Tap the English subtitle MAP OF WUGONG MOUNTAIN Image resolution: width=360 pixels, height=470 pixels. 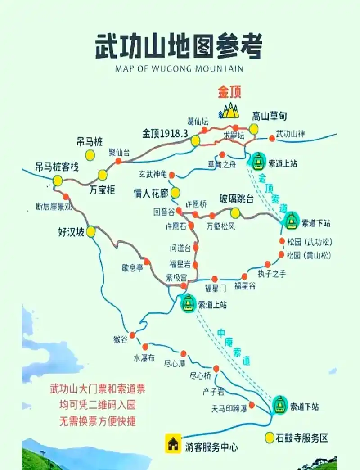[x=179, y=69]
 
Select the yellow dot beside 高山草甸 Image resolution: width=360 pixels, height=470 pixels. [x=254, y=129]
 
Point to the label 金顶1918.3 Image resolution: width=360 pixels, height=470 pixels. [x=165, y=133]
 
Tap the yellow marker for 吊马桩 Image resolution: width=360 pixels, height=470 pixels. [x=90, y=155]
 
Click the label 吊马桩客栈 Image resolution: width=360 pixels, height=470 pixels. [x=57, y=167]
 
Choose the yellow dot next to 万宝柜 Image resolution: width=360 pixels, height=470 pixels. [x=103, y=175]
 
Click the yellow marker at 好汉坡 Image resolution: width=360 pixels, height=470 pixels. [x=91, y=232]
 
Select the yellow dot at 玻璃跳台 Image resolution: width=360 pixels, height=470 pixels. [x=235, y=212]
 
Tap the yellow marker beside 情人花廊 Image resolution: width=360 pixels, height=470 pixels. [x=175, y=193]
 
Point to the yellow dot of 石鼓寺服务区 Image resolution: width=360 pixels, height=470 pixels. [x=270, y=437]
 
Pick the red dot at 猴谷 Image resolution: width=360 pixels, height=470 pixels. [x=132, y=335]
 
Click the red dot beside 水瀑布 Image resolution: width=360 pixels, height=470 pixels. [x=145, y=347]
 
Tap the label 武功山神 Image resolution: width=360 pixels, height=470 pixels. [x=290, y=133]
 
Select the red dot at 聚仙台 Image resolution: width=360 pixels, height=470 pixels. [x=118, y=161]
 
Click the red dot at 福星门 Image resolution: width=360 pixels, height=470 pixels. [x=215, y=279]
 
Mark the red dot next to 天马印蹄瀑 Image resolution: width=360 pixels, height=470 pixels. [x=252, y=405]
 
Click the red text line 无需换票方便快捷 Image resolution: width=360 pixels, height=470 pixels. [x=98, y=422]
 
